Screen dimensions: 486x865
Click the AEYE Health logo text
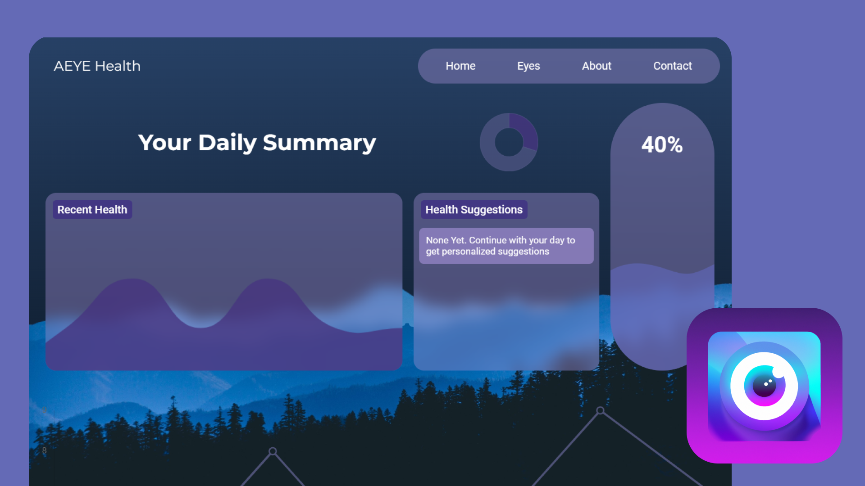point(97,66)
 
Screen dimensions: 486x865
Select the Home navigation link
point(460,66)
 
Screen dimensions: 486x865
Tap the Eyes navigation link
point(528,66)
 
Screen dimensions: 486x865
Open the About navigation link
point(596,66)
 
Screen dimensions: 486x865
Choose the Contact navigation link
point(672,66)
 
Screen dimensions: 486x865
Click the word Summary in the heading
point(319,143)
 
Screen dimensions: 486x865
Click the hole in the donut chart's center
point(509,142)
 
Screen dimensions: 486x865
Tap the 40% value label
point(662,145)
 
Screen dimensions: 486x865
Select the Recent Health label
point(92,210)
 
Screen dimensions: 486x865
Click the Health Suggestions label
point(474,210)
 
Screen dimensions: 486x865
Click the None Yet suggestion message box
point(506,246)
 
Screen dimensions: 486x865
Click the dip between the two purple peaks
point(201,325)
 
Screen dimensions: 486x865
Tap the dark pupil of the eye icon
point(765,386)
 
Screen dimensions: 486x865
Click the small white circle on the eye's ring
point(778,372)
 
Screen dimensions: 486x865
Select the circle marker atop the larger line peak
point(600,410)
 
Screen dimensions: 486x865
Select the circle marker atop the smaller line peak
point(273,451)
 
